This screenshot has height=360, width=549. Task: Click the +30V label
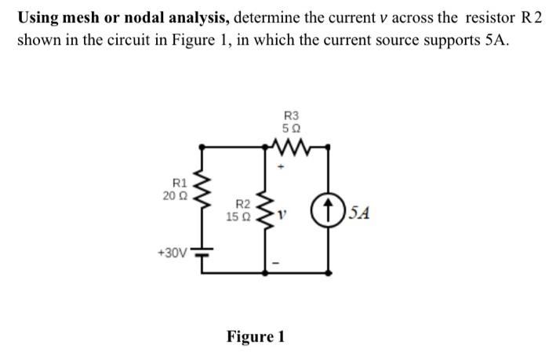(x=172, y=253)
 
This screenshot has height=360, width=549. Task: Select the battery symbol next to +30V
(x=205, y=253)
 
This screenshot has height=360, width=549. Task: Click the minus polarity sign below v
(x=276, y=263)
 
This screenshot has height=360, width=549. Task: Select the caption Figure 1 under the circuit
(x=256, y=337)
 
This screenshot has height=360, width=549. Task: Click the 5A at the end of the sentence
(x=494, y=40)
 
